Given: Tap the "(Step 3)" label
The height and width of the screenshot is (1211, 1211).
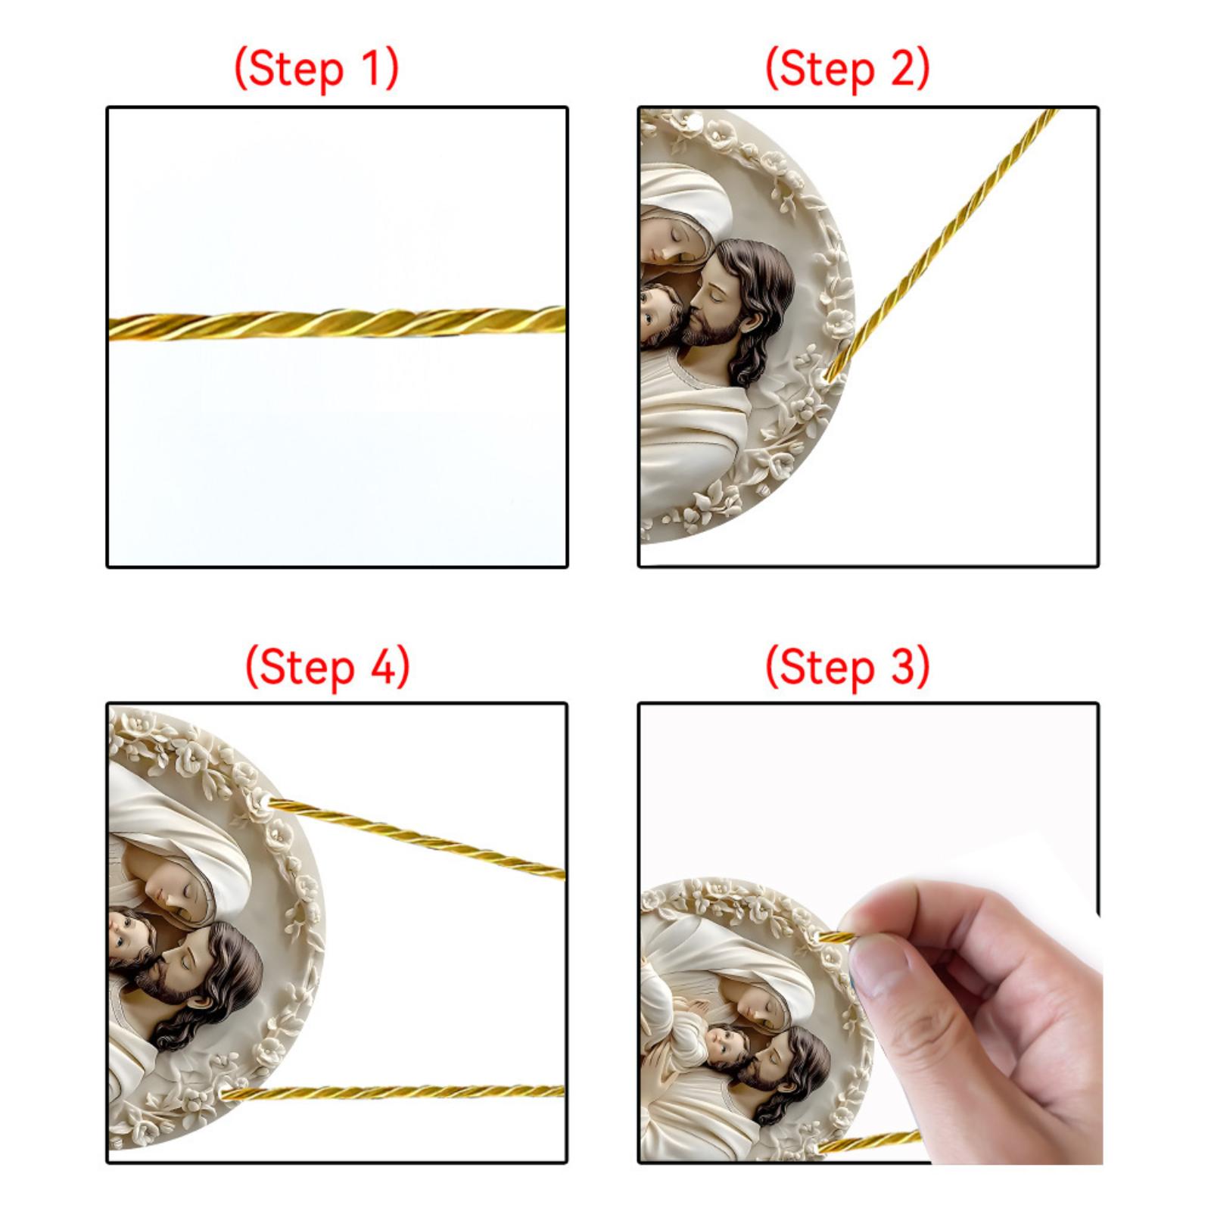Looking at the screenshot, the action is [x=848, y=667].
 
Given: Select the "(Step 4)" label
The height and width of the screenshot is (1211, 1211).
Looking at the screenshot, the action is [x=328, y=667].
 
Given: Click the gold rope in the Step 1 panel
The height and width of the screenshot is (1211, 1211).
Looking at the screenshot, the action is [x=338, y=323].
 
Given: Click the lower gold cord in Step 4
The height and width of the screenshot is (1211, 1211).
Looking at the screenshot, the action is [x=394, y=1092].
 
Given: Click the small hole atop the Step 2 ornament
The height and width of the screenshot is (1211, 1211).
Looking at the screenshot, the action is [x=693, y=118].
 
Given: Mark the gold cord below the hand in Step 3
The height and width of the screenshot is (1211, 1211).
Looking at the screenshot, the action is [x=870, y=1141].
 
